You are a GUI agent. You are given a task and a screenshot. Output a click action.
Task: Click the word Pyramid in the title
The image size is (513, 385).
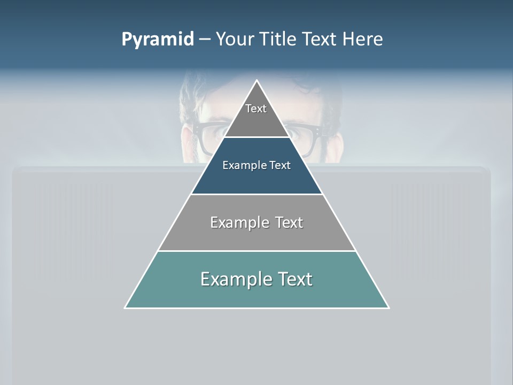158,40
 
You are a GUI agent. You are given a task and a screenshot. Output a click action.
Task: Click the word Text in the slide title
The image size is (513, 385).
320,39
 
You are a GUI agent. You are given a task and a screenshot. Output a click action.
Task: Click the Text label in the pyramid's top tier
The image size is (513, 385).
256,109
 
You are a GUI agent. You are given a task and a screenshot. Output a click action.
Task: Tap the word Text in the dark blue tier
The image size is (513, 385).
280,166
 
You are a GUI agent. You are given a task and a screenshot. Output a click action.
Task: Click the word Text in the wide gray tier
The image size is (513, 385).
289,222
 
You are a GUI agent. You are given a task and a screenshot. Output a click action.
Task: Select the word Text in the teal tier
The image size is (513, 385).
293,279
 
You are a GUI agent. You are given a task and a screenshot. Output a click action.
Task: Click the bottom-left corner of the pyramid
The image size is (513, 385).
125,307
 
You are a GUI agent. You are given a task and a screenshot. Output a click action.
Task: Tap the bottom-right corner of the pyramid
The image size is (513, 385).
388,307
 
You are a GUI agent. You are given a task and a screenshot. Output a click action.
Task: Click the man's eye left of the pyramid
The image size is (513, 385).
214,131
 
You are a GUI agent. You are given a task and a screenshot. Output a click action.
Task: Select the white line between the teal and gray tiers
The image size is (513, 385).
256,251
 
